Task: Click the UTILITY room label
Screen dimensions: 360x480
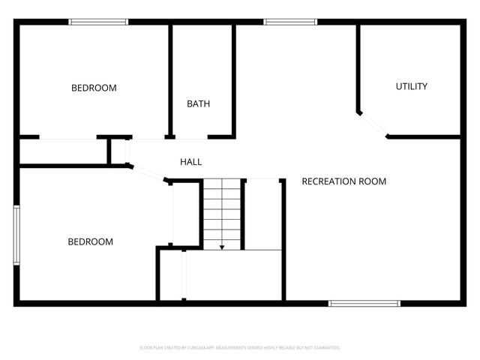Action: tap(412, 86)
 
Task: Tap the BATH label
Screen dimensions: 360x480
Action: tap(198, 103)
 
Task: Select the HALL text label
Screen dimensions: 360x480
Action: tap(190, 162)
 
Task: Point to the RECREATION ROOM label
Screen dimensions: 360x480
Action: tap(343, 181)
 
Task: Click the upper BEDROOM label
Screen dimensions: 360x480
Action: tap(94, 88)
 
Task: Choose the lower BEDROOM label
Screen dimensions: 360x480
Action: tap(91, 241)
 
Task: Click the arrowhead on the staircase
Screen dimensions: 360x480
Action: tap(222, 246)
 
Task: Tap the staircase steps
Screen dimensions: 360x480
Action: tap(222, 214)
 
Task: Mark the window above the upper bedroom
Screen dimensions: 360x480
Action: tap(94, 22)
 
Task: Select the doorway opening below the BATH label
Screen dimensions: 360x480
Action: tap(191, 138)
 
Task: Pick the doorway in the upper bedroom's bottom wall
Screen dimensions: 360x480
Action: tap(67, 138)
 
